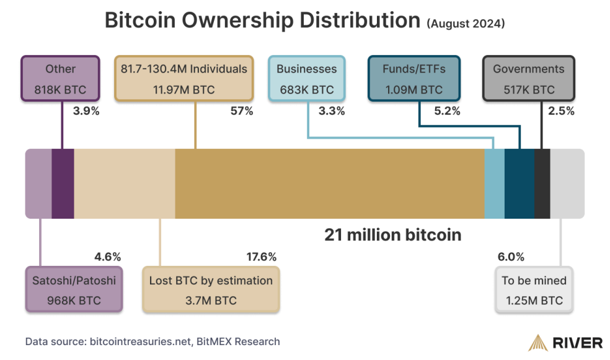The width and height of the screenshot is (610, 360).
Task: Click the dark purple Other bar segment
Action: [63, 183]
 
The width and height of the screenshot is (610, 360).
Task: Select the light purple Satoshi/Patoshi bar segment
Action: [38, 183]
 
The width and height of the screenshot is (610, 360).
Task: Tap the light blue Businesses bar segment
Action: [494, 183]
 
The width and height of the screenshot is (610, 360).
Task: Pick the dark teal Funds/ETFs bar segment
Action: [519, 183]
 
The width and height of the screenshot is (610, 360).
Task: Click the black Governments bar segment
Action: [542, 183]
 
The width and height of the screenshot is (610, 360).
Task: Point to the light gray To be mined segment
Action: [567, 183]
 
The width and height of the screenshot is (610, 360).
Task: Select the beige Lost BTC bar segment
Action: [125, 183]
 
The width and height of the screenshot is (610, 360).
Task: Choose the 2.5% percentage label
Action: [562, 112]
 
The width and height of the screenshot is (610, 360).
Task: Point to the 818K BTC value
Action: [61, 90]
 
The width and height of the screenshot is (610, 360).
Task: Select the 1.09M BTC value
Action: [414, 90]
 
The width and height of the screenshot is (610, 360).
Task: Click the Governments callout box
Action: [528, 79]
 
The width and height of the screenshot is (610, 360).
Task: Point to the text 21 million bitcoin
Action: [393, 235]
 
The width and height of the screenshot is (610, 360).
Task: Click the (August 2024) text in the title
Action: [466, 24]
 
